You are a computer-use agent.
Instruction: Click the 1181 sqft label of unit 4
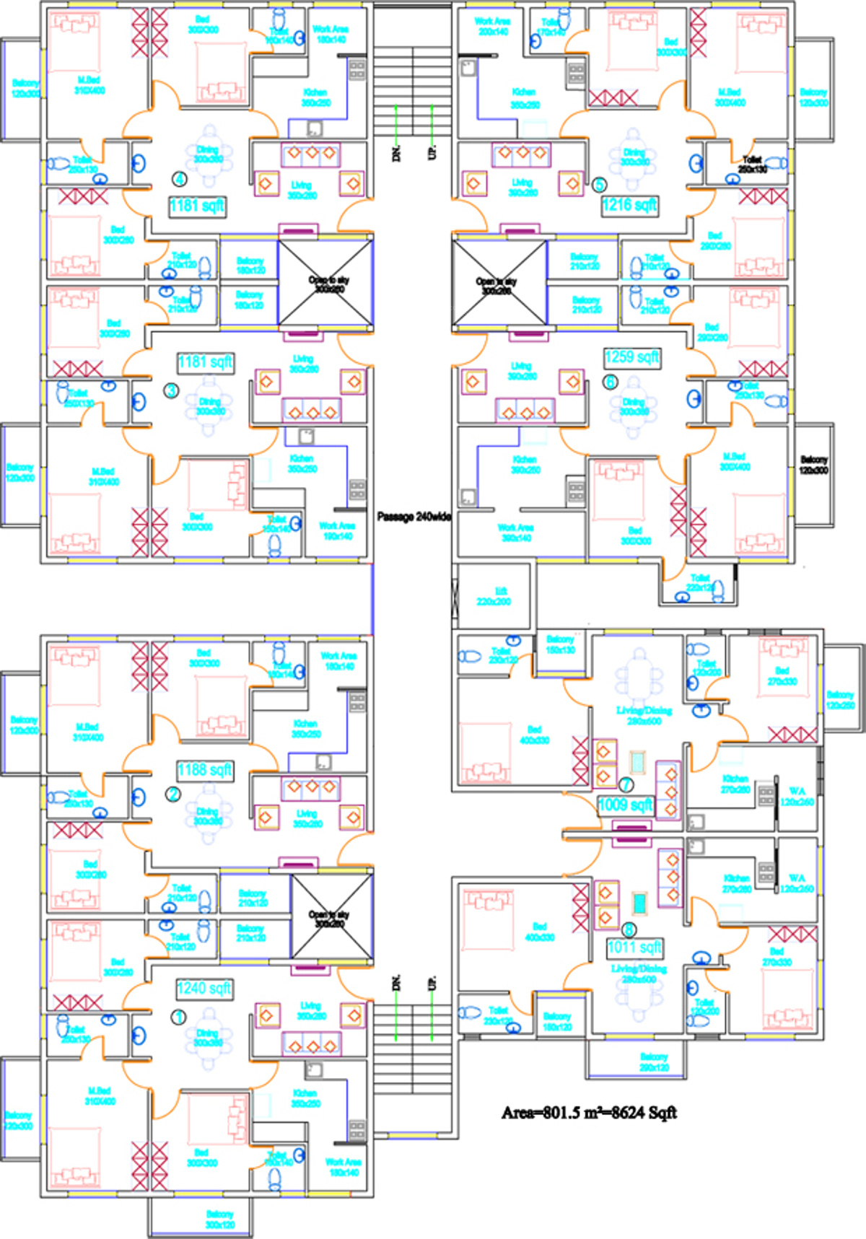click(x=196, y=206)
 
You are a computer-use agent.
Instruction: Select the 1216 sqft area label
click(x=629, y=205)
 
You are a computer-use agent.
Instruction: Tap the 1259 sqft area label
click(x=631, y=357)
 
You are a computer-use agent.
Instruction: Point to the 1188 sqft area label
click(x=205, y=770)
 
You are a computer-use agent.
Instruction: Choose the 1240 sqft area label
click(x=204, y=988)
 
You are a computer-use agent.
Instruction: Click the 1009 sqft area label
click(x=625, y=805)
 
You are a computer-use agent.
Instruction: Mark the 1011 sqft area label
click(x=634, y=947)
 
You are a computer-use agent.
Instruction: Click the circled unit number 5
click(x=599, y=185)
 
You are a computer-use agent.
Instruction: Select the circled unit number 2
click(x=173, y=794)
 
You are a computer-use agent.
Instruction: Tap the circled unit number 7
click(x=626, y=784)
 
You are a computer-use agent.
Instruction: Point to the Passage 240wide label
click(x=414, y=517)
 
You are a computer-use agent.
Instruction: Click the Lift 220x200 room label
click(x=494, y=596)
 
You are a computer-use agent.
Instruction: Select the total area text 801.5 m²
click(x=589, y=1113)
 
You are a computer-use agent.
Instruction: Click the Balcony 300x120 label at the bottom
click(x=219, y=1219)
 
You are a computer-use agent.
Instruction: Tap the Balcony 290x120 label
click(x=654, y=1061)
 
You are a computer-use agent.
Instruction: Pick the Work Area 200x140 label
click(x=492, y=27)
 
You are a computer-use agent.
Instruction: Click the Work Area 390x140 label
click(x=515, y=533)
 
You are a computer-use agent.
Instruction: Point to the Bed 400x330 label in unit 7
click(x=534, y=735)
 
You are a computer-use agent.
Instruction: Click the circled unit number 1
click(x=178, y=1017)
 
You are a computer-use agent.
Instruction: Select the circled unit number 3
click(x=171, y=391)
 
